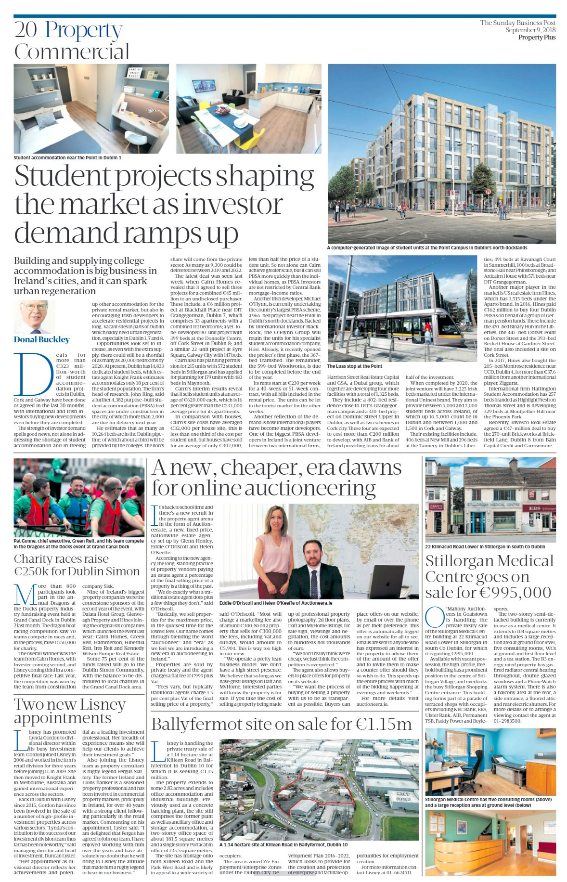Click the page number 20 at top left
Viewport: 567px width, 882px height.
[25, 30]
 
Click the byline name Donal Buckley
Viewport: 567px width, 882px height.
[41, 339]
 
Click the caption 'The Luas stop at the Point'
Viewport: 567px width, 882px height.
[354, 366]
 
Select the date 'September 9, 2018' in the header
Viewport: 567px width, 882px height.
[530, 30]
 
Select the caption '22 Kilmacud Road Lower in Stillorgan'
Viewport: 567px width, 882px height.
[485, 547]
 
